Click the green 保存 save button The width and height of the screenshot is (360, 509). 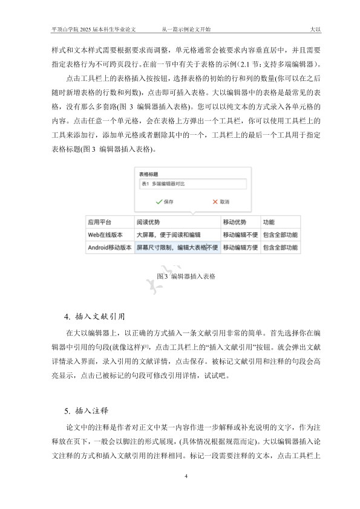164,201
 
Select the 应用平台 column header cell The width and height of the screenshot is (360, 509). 100,222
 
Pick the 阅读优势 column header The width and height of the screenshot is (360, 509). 148,222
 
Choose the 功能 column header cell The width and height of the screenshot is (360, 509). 269,222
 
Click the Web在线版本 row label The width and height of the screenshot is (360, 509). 106,235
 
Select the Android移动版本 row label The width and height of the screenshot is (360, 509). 110,247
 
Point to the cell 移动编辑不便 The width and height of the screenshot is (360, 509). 240,235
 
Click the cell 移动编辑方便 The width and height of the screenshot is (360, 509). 240,247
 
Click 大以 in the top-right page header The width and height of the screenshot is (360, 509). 315,28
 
